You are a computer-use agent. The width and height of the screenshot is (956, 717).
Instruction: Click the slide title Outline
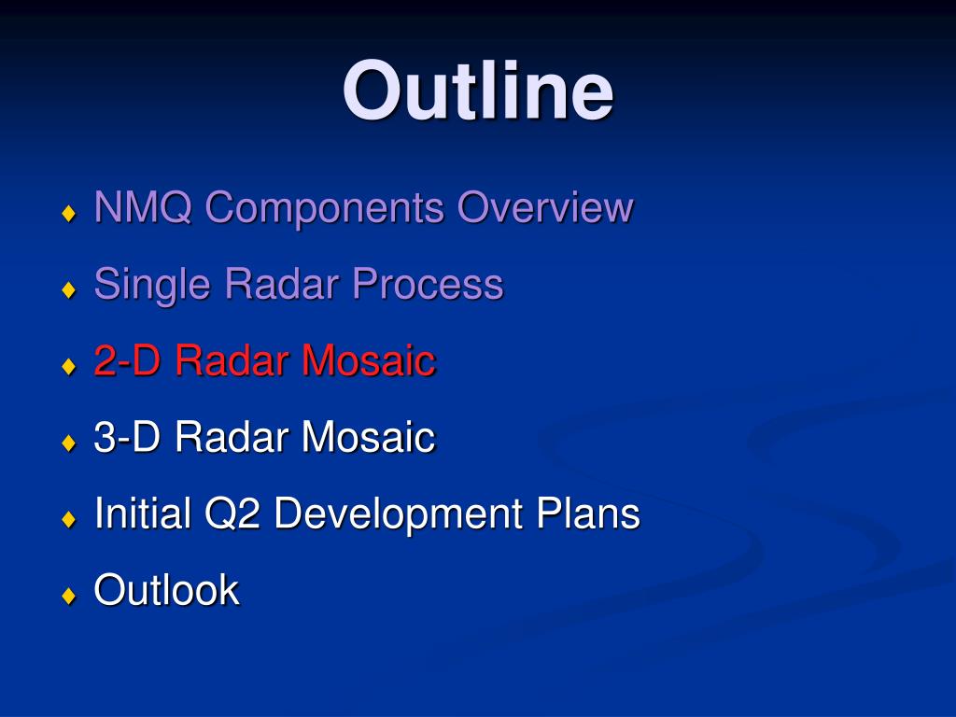[x=477, y=91]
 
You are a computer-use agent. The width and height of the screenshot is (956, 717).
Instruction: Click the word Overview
[x=545, y=206]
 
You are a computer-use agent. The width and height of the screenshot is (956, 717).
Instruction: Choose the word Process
[x=428, y=284]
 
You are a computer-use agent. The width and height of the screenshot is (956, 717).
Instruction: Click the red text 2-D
[x=127, y=360]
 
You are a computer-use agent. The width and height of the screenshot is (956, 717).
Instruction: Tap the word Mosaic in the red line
[x=368, y=360]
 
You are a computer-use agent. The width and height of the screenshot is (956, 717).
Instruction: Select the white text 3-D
[x=127, y=437]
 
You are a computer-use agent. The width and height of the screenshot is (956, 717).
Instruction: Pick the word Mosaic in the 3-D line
[x=368, y=437]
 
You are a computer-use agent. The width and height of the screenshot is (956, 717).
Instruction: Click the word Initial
[x=143, y=513]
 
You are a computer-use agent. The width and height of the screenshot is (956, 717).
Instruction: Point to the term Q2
[x=232, y=514]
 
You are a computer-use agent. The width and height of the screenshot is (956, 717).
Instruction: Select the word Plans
[x=588, y=513]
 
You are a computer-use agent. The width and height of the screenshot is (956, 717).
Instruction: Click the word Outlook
[x=166, y=590]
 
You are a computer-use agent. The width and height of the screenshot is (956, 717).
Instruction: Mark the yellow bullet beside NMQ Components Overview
[x=69, y=213]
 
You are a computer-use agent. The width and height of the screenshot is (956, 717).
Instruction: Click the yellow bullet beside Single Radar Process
[x=69, y=289]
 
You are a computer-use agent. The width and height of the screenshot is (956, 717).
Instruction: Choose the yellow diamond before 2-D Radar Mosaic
[x=69, y=366]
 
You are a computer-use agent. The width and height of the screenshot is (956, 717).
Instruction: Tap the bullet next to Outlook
[x=69, y=595]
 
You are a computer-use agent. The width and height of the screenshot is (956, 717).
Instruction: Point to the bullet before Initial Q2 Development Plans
[x=69, y=519]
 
